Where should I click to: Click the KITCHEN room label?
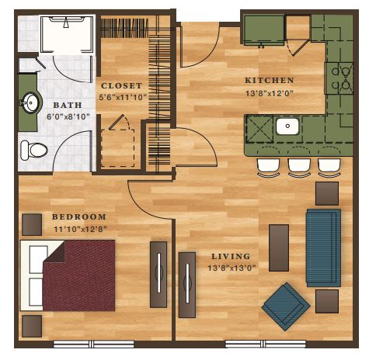tap(270, 81)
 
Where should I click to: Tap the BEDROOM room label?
tap(79, 216)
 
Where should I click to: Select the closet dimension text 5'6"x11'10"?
tap(123, 98)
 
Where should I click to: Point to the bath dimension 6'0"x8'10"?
tap(68, 117)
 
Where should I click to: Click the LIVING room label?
tap(231, 257)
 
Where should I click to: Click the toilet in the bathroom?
tap(34, 150)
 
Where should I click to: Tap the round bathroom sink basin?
tap(31, 102)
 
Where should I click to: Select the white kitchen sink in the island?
tap(287, 126)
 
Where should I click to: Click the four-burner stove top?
tap(339, 78)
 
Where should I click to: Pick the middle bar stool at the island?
tap(299, 168)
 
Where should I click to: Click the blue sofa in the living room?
tap(323, 247)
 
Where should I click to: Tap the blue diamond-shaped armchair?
tap(286, 306)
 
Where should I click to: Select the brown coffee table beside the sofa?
tap(279, 247)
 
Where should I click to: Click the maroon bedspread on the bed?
tap(79, 275)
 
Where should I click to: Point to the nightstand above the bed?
tap(32, 224)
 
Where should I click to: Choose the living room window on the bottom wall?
tap(266, 344)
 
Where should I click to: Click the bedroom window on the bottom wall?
tap(94, 344)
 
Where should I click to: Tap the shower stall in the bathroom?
tap(67, 34)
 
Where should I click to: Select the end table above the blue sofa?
tap(327, 193)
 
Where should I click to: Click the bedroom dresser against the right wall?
tap(158, 275)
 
